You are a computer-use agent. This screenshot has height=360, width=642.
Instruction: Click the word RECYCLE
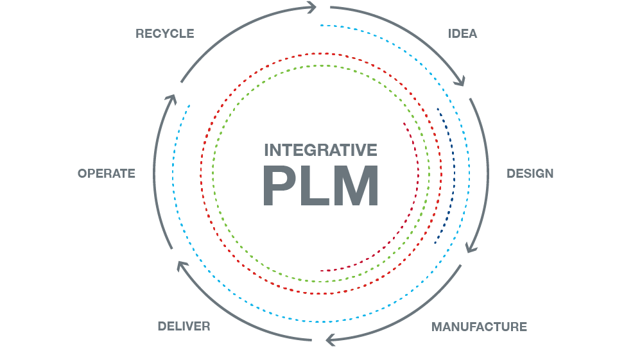coord(164,33)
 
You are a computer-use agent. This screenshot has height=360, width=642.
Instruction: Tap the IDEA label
coord(462,33)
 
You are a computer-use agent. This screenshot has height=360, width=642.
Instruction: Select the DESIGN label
coord(530,173)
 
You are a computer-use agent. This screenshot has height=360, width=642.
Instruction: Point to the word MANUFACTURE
coord(479,327)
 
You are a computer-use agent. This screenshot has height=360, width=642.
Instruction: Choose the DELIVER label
coord(184,327)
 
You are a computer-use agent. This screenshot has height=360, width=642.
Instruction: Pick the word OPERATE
coord(107,173)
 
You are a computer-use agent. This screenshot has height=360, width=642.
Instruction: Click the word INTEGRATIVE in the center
coord(320,150)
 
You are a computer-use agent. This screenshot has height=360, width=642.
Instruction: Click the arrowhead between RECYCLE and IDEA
coord(312,8)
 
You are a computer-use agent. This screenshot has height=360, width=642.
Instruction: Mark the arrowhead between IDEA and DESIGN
coord(460,81)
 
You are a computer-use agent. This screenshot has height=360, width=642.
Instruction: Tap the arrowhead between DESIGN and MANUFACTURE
coord(471,246)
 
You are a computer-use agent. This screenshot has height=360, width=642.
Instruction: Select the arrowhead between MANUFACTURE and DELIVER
coord(331,339)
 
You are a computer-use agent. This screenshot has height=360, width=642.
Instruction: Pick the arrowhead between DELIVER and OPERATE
coord(182,265)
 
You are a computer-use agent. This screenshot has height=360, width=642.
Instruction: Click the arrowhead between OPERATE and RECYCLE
coord(170,100)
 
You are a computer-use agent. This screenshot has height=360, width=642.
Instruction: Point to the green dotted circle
coord(214,173)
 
